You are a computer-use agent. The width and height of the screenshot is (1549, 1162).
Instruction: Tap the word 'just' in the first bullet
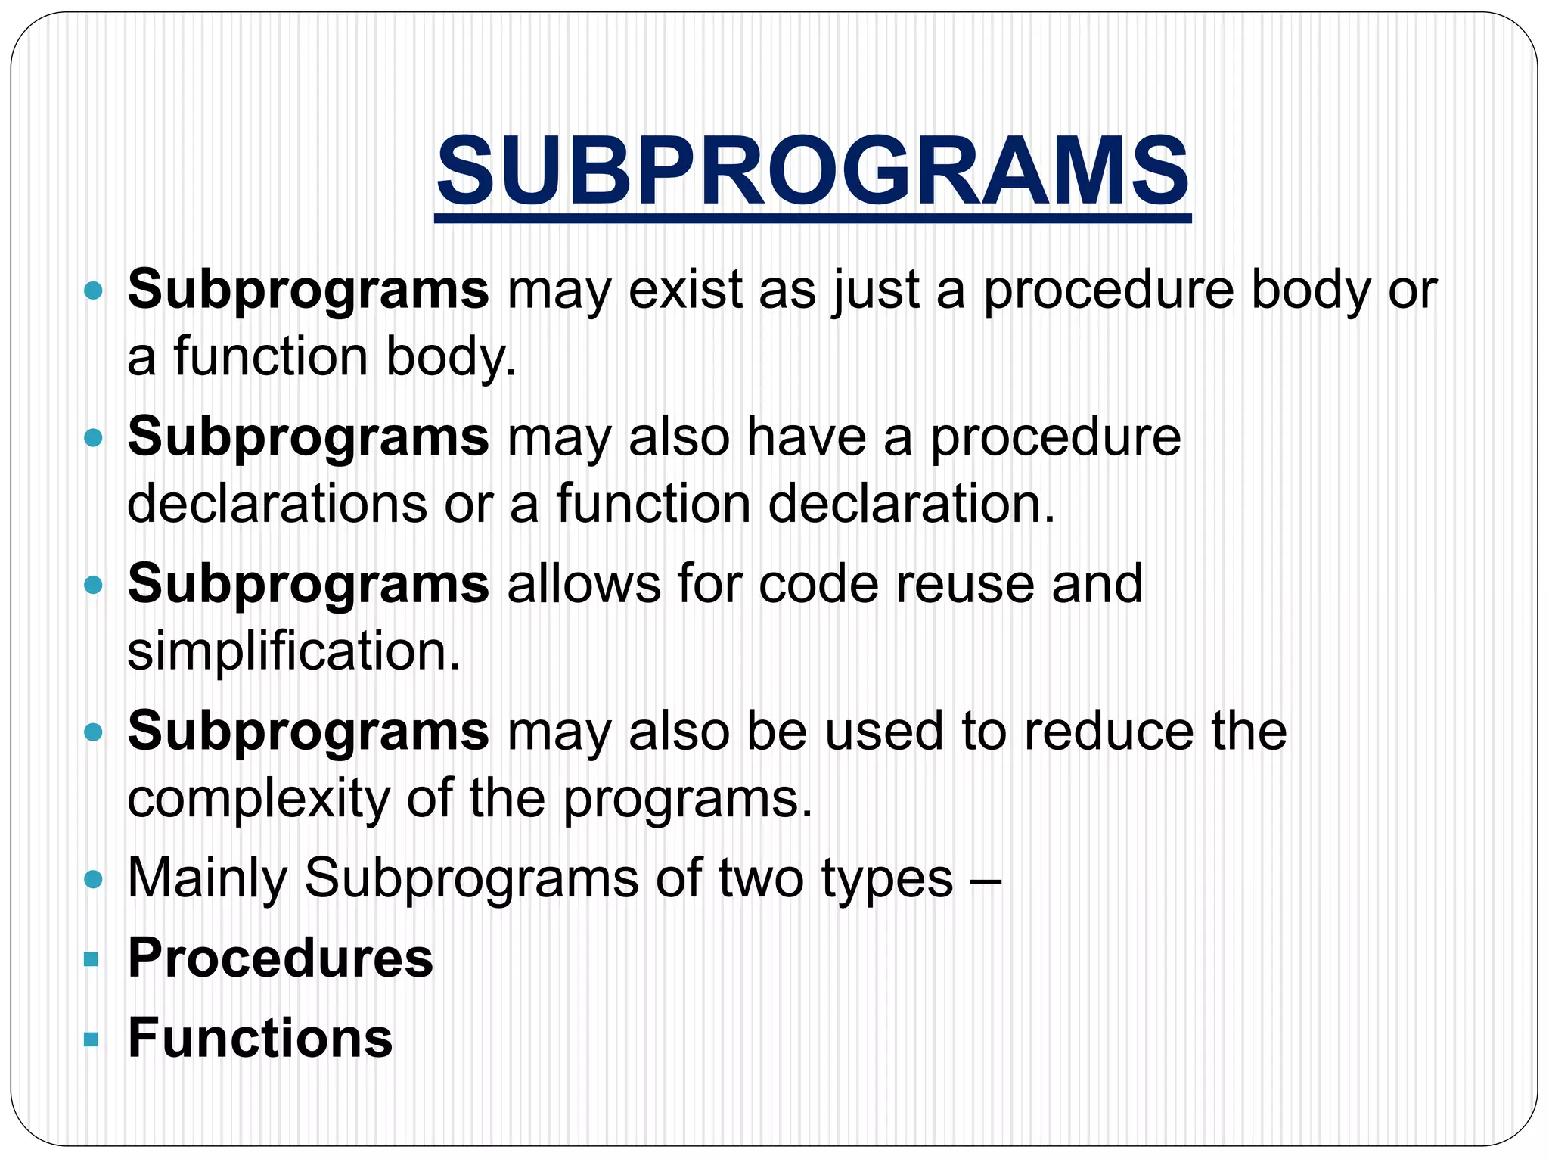(x=876, y=290)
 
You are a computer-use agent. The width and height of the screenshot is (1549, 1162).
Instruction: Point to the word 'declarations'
(x=277, y=504)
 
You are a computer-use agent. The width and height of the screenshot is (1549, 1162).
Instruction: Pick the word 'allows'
(x=583, y=584)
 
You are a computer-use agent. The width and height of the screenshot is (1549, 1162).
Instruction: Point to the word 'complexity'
(x=257, y=799)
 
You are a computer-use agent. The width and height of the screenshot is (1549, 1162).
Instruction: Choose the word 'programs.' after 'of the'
(x=688, y=799)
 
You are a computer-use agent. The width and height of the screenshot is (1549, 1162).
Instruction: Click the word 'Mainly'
(x=207, y=879)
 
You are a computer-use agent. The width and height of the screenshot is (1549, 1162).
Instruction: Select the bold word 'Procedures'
(x=281, y=958)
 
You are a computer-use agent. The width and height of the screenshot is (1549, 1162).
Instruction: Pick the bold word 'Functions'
(x=260, y=1038)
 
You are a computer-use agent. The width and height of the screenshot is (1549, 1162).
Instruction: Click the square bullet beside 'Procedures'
(x=92, y=960)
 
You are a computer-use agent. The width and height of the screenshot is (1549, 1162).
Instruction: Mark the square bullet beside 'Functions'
(x=92, y=1039)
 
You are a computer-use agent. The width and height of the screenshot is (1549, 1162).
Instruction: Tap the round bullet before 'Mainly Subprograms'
(x=93, y=879)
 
